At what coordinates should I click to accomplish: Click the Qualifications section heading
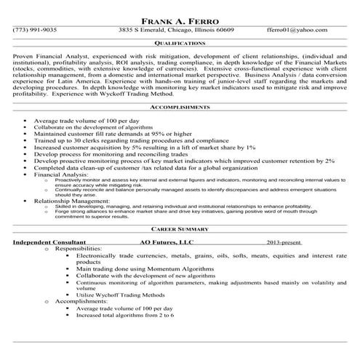180,43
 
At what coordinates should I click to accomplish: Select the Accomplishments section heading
180,106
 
